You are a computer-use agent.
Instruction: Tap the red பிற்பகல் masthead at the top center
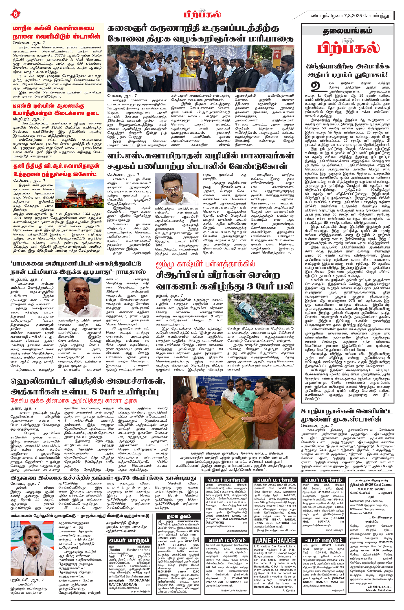tap(202, 14)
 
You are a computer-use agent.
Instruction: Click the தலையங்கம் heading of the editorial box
tap(348, 31)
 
